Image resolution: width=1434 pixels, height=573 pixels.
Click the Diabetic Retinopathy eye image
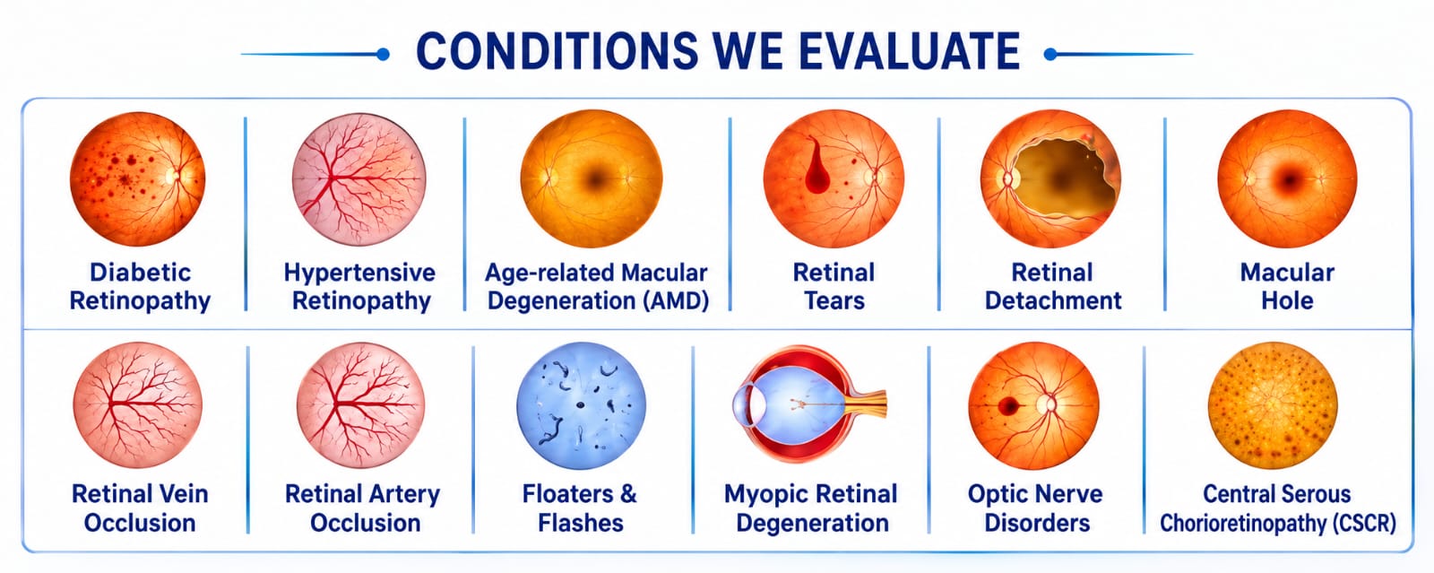tap(138, 178)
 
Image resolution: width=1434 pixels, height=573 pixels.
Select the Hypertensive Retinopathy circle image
tap(359, 179)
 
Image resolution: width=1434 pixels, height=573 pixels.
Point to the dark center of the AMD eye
tap(595, 179)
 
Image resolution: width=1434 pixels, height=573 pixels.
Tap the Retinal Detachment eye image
tap(1050, 178)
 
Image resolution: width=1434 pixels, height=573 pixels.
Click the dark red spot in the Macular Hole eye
tap(1289, 180)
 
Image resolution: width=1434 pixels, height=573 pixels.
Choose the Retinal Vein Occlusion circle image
tap(138, 404)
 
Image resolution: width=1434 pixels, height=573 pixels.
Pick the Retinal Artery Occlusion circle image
tap(361, 404)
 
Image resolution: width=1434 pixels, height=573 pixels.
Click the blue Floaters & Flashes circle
tap(581, 405)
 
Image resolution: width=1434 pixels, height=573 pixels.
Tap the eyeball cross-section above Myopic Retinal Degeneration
tap(809, 404)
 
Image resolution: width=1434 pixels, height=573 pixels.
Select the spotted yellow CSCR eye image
tap(1273, 405)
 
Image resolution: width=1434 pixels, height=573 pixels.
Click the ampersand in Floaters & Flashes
tap(628, 494)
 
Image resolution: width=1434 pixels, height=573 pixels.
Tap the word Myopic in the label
tap(762, 495)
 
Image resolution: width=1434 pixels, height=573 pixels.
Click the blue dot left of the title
tap(383, 55)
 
